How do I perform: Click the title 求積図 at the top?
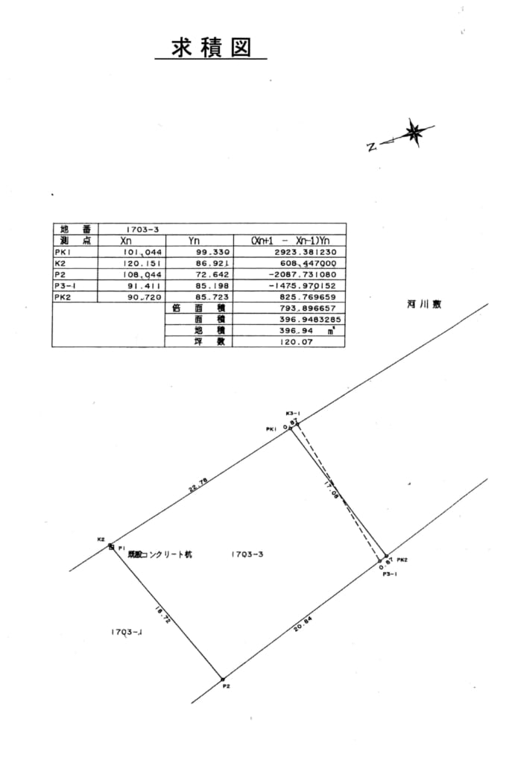coord(209,48)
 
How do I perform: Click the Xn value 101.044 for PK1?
coord(142,253)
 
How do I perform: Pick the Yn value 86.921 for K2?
coord(211,263)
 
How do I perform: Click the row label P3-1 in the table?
coord(66,285)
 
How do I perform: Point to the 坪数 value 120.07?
coord(294,341)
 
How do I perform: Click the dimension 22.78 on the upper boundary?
coord(197,485)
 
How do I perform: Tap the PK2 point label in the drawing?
coord(401,560)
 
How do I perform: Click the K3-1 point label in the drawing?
coord(292,413)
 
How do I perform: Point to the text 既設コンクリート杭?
coord(159,554)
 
